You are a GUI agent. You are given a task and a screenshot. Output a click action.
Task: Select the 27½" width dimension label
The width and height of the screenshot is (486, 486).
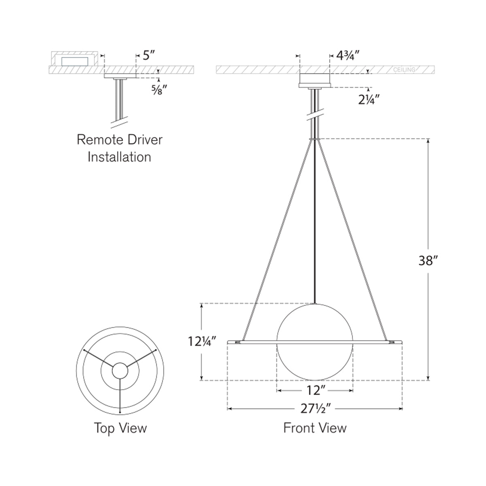(x=315, y=409)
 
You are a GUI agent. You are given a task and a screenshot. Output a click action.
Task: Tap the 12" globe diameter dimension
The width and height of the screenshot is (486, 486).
(x=315, y=391)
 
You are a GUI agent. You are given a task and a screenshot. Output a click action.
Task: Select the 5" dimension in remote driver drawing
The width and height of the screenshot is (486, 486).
(x=149, y=55)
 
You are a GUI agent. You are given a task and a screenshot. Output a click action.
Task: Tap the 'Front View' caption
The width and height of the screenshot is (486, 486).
(x=315, y=428)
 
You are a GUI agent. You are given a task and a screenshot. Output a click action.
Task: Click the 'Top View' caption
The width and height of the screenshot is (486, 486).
(x=120, y=428)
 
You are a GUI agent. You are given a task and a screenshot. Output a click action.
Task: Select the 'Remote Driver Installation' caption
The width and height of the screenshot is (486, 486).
(x=119, y=148)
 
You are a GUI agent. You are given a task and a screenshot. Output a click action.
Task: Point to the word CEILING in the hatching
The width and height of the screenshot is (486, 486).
(x=404, y=70)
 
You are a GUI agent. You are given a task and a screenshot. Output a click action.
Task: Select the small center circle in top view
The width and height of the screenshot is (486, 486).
(x=120, y=370)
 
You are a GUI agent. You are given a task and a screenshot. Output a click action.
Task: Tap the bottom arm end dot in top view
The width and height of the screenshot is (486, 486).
(x=120, y=412)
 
